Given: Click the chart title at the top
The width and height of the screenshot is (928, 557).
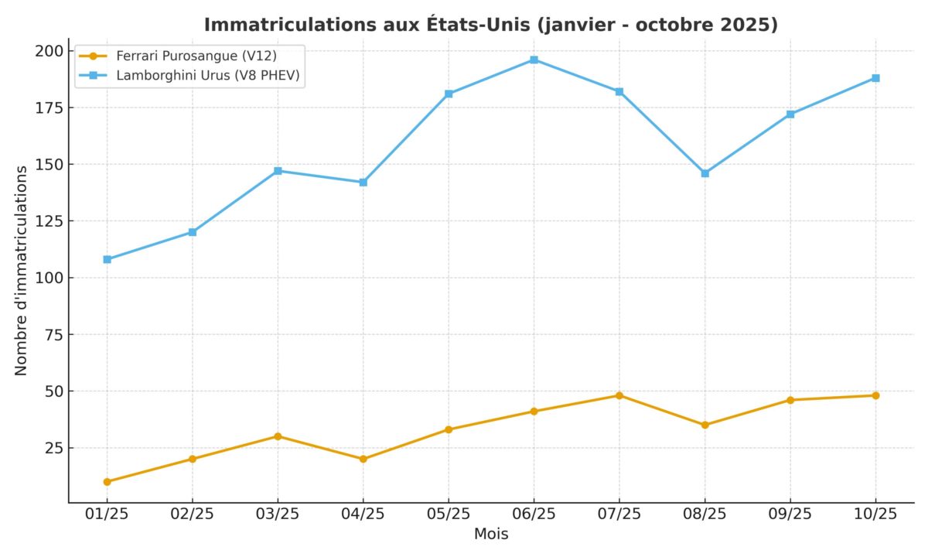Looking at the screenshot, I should [490, 25].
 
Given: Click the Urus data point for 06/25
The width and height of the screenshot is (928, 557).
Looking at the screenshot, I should [534, 60].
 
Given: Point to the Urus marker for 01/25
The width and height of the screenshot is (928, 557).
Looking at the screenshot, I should [107, 259].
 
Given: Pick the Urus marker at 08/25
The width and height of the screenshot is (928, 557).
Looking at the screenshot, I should [705, 173].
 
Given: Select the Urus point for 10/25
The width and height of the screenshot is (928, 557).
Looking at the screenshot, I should [875, 78].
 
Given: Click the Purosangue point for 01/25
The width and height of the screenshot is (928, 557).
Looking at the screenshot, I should [107, 481].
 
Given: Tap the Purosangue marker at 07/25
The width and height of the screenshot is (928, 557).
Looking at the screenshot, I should [619, 395].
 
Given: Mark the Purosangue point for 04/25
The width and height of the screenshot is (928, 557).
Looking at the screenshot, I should [363, 459].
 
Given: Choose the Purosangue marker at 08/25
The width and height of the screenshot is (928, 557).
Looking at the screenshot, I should [705, 425].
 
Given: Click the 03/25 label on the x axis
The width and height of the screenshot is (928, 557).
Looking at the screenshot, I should [278, 514].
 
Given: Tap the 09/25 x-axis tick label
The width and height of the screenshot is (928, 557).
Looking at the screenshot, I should [790, 514].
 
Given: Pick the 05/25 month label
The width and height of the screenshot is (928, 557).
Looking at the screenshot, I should [449, 514].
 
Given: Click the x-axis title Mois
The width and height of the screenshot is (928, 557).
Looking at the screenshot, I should [491, 535].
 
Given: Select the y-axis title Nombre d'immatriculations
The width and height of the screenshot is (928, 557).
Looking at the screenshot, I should [21, 270].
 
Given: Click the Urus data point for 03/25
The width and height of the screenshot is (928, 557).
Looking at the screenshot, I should [278, 170].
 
